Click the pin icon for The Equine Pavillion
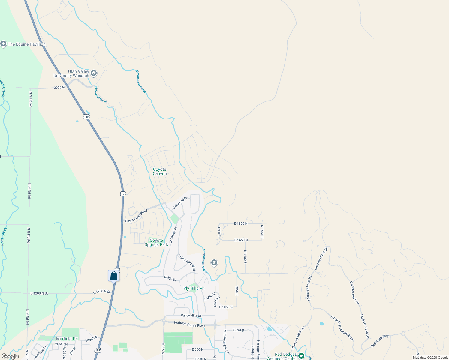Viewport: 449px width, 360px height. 3,44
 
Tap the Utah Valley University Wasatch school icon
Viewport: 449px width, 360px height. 94,73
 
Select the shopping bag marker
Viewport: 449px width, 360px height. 114,276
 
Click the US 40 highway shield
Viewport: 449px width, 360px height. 123,194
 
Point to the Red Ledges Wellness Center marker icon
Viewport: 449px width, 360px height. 301,356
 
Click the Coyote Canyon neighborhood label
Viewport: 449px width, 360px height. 160,172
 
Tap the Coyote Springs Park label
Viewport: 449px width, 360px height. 156,242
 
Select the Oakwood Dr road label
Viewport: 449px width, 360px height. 180,203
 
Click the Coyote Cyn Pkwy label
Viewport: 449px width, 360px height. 136,216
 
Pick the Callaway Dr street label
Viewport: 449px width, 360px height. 173,235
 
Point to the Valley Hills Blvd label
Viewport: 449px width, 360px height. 187,262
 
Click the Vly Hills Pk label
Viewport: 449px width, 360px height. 194,288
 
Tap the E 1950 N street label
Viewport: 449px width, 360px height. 241,223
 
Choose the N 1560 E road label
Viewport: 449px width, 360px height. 262,232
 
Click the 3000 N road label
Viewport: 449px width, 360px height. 59,88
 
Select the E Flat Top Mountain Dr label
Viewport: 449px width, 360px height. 342,328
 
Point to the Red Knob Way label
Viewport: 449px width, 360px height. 380,341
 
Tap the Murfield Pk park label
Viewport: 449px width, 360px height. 67,339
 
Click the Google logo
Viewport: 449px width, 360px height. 10,356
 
